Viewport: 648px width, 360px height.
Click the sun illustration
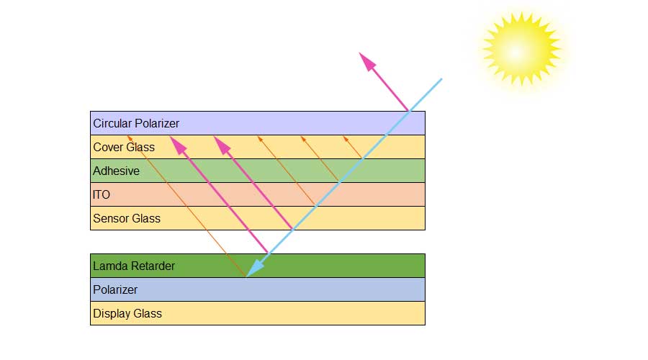(521, 49)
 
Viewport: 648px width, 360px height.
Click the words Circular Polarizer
(136, 123)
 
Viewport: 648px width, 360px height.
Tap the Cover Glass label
(124, 147)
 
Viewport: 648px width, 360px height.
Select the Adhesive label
(116, 171)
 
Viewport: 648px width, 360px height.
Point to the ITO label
(102, 194)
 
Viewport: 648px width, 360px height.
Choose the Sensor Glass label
(127, 218)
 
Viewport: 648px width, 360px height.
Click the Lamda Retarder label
(134, 266)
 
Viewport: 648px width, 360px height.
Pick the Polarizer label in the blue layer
(115, 289)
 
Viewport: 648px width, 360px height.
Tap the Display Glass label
(127, 313)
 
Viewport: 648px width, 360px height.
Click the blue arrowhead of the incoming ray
(253, 269)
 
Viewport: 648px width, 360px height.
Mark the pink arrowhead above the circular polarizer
(368, 61)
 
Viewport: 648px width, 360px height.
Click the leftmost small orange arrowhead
(130, 138)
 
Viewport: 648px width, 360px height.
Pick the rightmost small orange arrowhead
(345, 138)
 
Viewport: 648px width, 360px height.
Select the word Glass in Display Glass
(148, 313)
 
